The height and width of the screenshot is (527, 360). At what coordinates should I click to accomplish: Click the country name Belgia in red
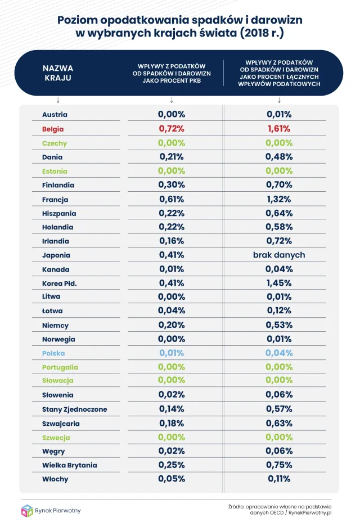pos(53,129)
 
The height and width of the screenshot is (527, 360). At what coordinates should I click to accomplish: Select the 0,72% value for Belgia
pos(172,129)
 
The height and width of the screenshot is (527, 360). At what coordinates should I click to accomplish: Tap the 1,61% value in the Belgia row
pos(279,129)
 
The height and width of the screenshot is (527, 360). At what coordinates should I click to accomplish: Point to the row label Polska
pos(53,353)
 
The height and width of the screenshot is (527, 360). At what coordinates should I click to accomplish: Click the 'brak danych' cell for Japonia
pos(279,255)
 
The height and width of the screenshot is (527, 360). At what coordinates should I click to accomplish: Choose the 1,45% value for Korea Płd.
pos(279,283)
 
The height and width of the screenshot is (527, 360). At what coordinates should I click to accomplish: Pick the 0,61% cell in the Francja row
pos(172,199)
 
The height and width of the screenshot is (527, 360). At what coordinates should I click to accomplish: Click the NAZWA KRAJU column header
pos(58,73)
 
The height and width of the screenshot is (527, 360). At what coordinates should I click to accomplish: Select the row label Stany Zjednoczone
pos(74,409)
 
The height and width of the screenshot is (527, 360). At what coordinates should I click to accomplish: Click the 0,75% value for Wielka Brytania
pos(279,465)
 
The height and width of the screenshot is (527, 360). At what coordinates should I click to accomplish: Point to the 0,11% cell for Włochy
pos(279,479)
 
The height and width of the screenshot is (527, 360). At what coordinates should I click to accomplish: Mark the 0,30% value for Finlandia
pos(172,185)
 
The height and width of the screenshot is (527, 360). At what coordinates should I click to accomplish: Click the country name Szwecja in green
pos(57,437)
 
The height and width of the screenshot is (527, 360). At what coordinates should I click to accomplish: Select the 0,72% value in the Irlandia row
pos(279,241)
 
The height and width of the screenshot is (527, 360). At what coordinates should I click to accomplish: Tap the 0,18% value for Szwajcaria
pos(172,423)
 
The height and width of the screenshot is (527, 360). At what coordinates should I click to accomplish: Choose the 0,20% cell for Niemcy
pos(172,325)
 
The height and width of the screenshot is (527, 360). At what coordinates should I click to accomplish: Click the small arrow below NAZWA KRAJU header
pos(58,100)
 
